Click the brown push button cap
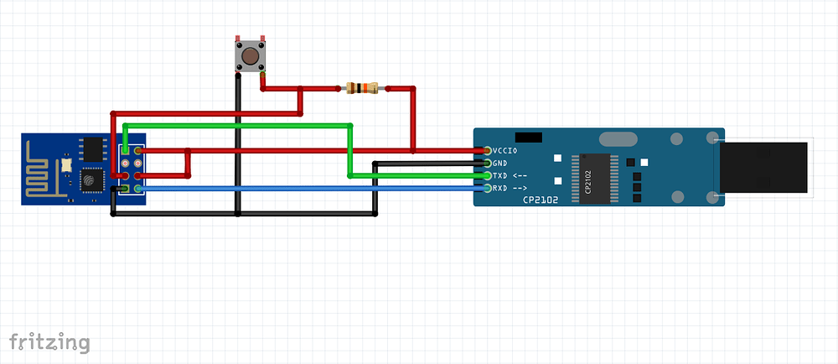click(x=249, y=57)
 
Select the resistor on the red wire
click(x=361, y=88)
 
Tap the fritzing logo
click(x=49, y=341)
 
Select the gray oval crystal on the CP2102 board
click(x=619, y=139)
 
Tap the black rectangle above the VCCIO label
click(x=528, y=137)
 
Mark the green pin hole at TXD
click(x=488, y=176)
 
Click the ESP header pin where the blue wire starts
click(x=137, y=189)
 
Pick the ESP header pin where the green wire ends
click(x=125, y=151)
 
